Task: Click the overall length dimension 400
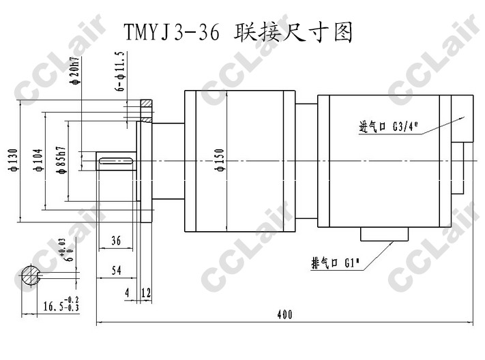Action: tap(285, 314)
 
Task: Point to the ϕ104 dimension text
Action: tap(37, 162)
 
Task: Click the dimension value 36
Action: tap(115, 241)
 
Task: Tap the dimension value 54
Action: tap(115, 271)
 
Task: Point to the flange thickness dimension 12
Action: tap(145, 292)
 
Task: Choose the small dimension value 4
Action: tap(127, 292)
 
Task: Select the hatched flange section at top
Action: tap(146, 107)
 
